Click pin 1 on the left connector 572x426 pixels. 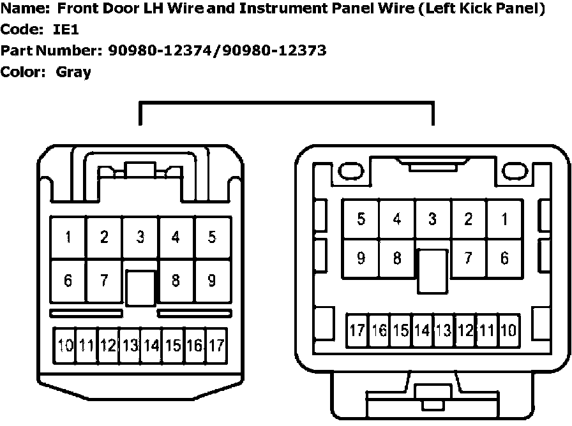(68, 238)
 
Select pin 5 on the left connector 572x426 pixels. (212, 238)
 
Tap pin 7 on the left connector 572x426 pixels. (104, 280)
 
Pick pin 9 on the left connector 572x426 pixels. (212, 280)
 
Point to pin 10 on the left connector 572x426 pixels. (65, 346)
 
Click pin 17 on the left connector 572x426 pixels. (216, 346)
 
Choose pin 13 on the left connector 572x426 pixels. (130, 346)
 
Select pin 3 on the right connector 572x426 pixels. (433, 219)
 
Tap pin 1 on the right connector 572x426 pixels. (504, 219)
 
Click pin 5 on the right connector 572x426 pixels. (361, 219)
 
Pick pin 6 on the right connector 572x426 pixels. (504, 258)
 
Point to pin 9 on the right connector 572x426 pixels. (361, 258)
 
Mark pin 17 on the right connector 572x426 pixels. (357, 330)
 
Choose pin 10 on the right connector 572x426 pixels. (508, 330)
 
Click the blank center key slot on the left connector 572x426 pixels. (140, 288)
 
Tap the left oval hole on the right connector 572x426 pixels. (350, 172)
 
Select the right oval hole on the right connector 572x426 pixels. (515, 172)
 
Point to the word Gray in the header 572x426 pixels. (73, 72)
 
